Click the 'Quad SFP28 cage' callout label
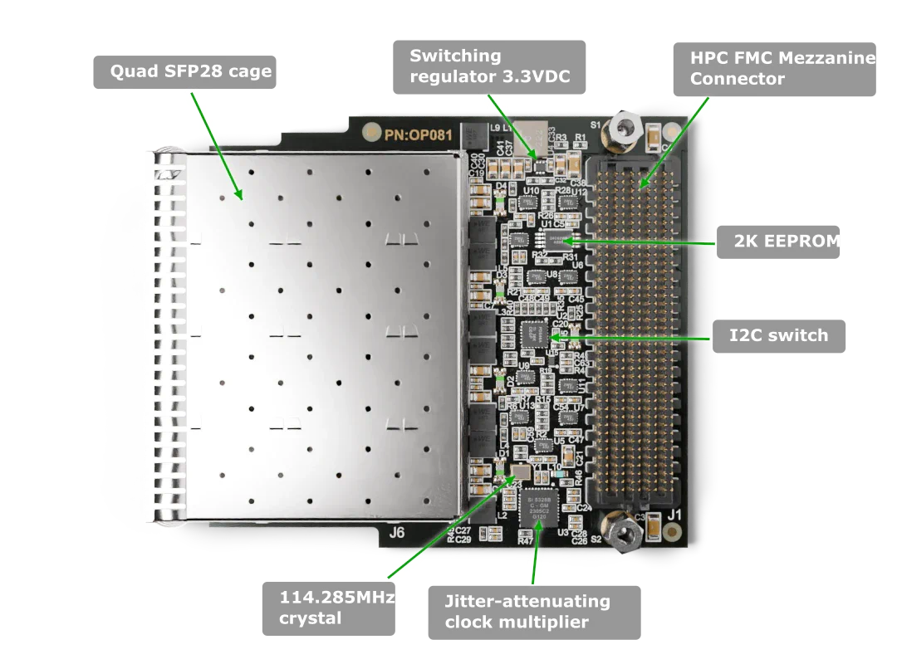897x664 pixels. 190,71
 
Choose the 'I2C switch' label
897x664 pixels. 777,335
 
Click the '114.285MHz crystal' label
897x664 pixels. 328,608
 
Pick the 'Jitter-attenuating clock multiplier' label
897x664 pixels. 533,613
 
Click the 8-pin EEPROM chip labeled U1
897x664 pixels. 565,241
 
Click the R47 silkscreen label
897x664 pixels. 526,540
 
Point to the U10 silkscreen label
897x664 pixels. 532,191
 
